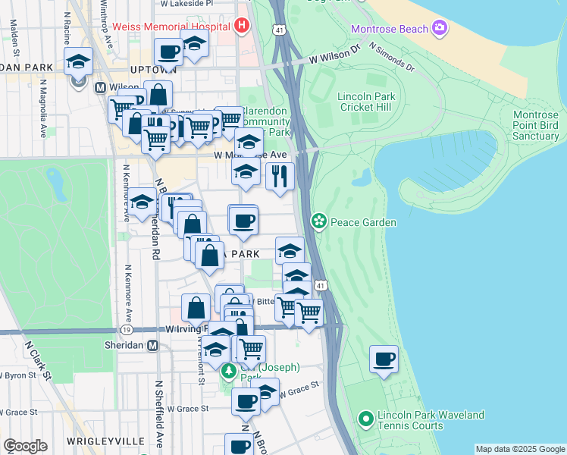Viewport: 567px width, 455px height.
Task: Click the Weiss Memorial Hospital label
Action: tap(171, 27)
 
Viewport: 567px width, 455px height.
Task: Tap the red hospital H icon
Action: tap(241, 27)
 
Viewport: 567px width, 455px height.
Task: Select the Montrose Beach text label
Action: tap(388, 30)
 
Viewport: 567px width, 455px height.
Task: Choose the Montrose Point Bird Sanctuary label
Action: tap(535, 125)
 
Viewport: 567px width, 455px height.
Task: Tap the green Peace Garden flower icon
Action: tap(319, 221)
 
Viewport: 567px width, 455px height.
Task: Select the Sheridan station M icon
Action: tap(152, 345)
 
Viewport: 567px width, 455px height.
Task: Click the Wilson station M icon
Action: tap(99, 87)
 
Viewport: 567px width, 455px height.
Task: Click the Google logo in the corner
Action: tap(25, 446)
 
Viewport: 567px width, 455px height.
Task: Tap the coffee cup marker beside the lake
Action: tap(384, 359)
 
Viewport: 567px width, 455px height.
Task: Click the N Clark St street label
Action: tap(36, 359)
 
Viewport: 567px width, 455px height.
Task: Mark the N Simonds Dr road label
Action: tap(392, 58)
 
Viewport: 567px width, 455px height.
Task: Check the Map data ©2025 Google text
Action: tap(520, 449)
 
